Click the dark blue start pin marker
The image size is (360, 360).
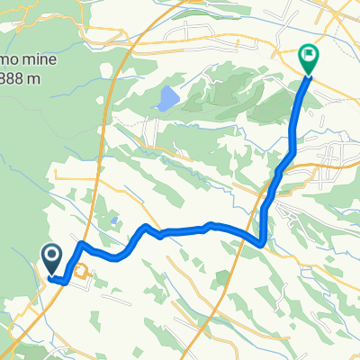pos(50,260)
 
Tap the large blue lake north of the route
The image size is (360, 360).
pos(166,99)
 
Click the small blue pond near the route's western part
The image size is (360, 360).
pos(113,220)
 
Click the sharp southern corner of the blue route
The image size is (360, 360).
pos(261,242)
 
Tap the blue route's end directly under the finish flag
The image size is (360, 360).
pos(309,76)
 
